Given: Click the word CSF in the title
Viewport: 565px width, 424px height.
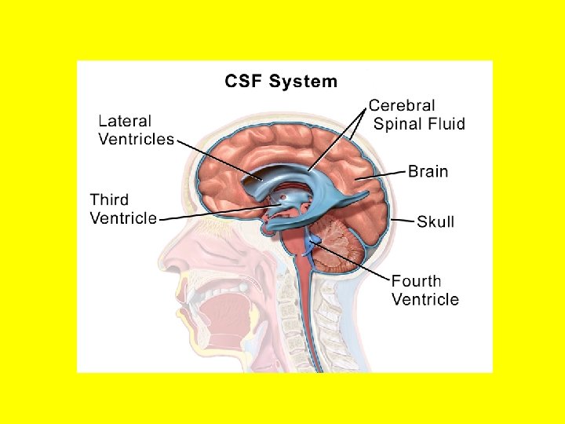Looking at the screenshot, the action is click(244, 81).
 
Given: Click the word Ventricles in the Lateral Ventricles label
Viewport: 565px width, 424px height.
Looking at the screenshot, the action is click(136, 139).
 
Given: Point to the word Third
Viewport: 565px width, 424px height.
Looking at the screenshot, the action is click(109, 200).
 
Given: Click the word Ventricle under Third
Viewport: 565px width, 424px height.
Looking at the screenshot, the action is click(123, 218).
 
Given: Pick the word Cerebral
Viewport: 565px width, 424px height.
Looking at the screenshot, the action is click(402, 105).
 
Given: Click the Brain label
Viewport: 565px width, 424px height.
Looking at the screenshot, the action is click(428, 170).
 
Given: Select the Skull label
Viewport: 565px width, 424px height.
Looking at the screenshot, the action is click(436, 221).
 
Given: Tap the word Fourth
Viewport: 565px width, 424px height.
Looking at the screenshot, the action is click(416, 280).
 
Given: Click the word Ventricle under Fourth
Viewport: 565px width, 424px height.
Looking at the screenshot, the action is click(425, 298).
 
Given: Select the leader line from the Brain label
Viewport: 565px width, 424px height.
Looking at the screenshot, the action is click(385, 174).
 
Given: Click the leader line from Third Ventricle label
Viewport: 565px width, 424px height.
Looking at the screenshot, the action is click(212, 213).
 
